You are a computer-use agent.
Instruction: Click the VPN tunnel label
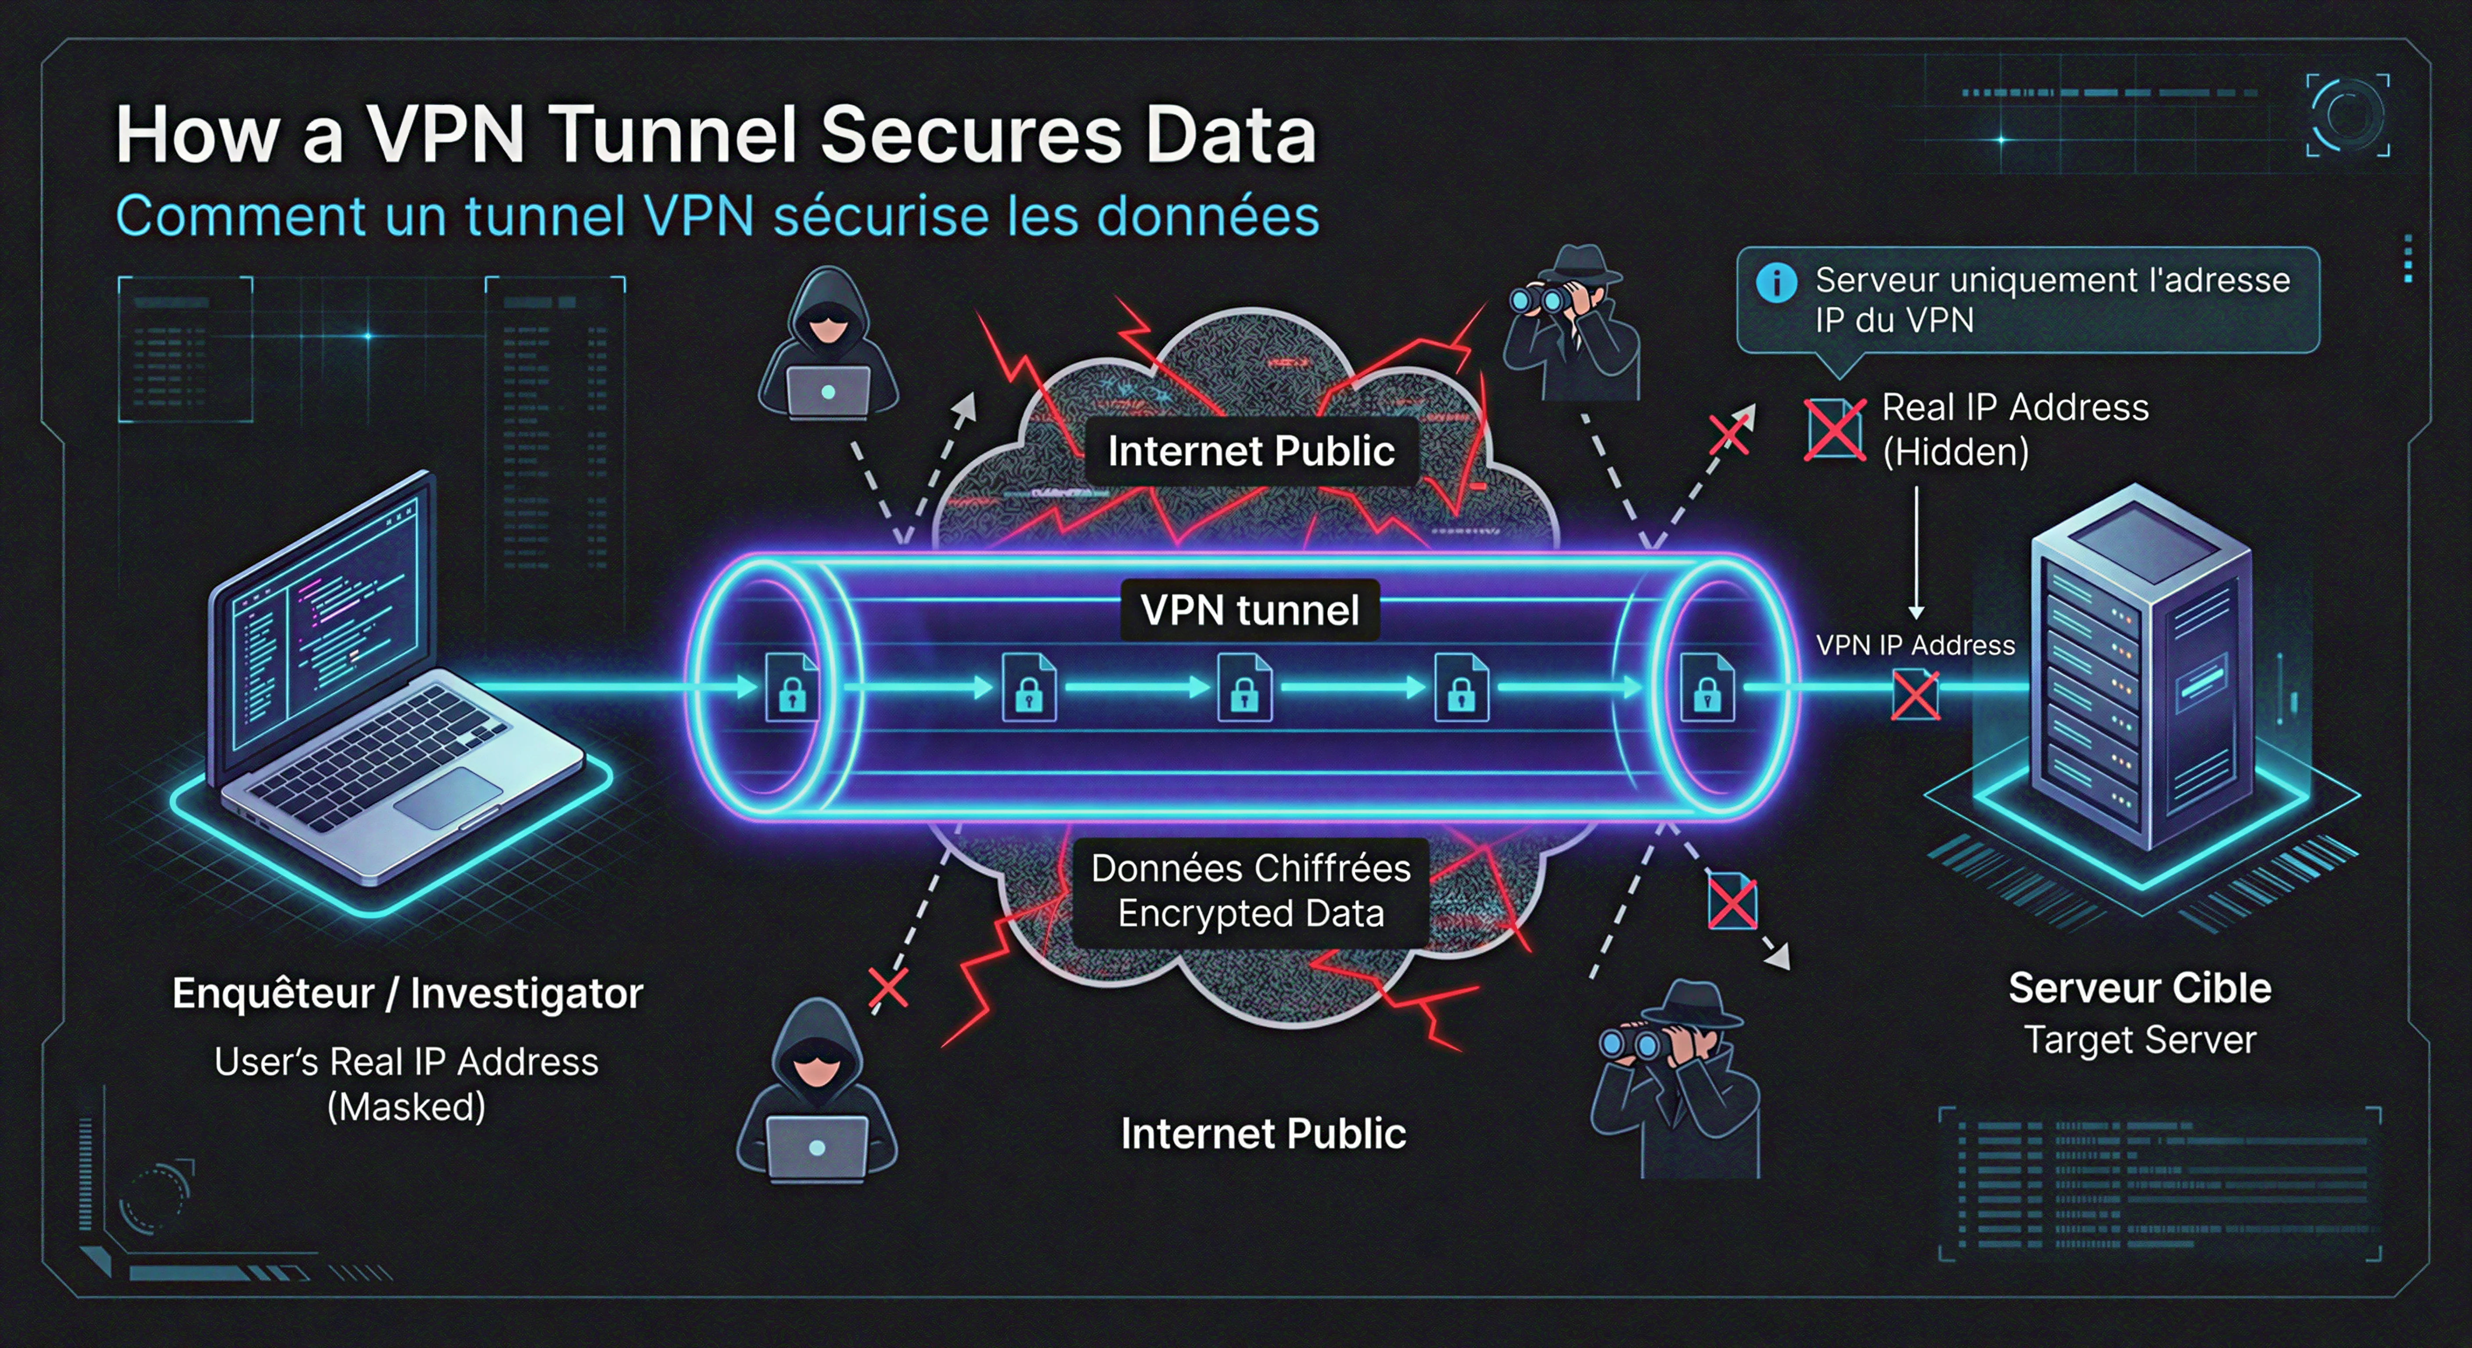click(1250, 610)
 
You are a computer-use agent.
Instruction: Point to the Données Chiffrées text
click(1250, 868)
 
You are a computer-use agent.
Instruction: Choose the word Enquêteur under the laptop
click(273, 993)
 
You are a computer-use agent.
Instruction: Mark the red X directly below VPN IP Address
click(1915, 696)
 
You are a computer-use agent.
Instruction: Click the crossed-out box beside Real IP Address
click(1834, 429)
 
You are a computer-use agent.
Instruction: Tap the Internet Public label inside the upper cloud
click(1250, 451)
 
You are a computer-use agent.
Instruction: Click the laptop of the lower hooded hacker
click(817, 1147)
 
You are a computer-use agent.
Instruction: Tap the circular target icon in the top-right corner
click(2347, 115)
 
